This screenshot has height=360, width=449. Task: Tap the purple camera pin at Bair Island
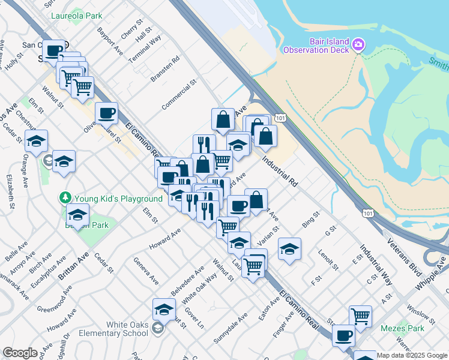358,44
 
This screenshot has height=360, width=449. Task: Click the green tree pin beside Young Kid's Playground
65,197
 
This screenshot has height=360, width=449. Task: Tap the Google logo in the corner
20,353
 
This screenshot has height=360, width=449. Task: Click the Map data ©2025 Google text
412,355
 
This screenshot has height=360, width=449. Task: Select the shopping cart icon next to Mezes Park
360,316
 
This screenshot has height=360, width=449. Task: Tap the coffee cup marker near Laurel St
106,112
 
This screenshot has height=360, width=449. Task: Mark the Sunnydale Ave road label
231,329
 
